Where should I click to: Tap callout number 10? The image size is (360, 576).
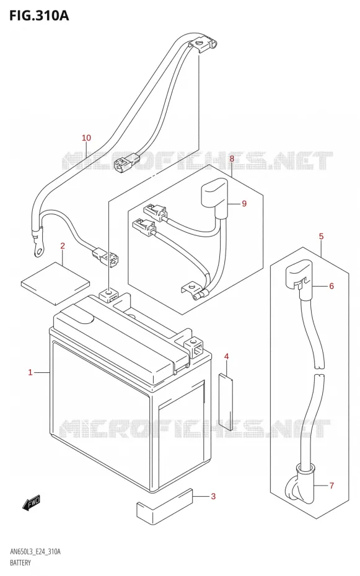click(x=86, y=137)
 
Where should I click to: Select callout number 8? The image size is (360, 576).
click(x=232, y=159)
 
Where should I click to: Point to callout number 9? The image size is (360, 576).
click(x=244, y=204)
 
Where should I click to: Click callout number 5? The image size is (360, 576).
click(x=321, y=236)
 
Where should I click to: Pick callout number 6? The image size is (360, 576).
click(x=331, y=286)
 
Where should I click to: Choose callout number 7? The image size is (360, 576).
click(x=331, y=486)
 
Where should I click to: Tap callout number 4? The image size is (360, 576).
click(x=227, y=356)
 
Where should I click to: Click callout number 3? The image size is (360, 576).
click(x=213, y=497)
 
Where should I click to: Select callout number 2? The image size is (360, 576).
click(x=63, y=246)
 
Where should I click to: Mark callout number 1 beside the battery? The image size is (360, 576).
click(x=30, y=373)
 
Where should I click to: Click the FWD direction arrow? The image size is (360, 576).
click(x=31, y=503)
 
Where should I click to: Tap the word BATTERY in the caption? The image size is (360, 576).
click(x=20, y=563)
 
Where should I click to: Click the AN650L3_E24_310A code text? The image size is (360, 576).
click(x=35, y=552)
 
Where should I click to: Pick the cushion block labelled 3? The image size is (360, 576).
click(x=165, y=506)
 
